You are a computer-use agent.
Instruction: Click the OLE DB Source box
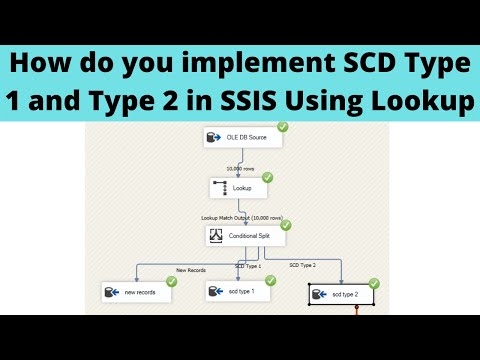tap(242, 138)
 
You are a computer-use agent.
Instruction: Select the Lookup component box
tap(238, 187)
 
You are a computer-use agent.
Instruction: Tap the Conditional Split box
tap(245, 236)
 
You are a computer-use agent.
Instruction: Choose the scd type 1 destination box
tap(238, 291)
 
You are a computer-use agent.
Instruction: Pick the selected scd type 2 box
tap(342, 295)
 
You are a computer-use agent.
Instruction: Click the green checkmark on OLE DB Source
tap(282, 127)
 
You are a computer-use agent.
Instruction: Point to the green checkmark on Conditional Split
tap(286, 226)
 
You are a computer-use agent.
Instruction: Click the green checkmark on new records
tap(171, 282)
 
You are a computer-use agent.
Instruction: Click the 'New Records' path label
tap(190, 268)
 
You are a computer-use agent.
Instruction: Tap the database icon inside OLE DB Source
tap(212, 138)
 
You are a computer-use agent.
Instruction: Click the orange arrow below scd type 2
tap(355, 310)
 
